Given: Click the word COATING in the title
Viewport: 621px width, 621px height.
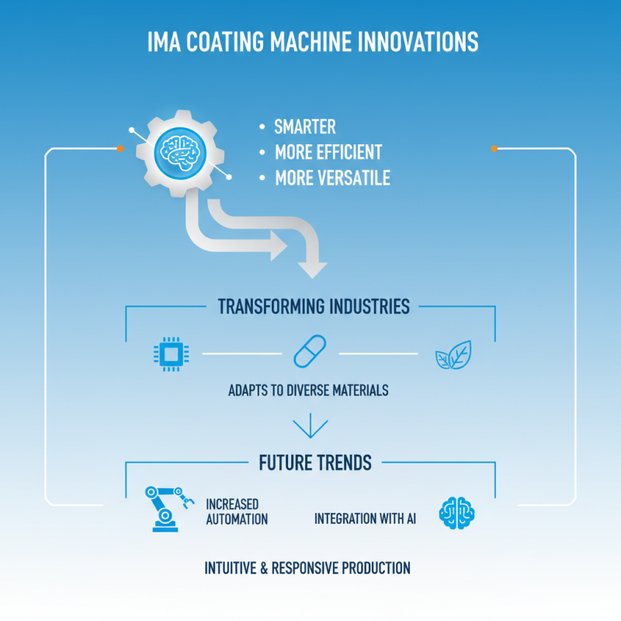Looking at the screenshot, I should pos(226,42).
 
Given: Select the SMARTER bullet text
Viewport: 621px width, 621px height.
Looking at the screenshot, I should pos(305,127).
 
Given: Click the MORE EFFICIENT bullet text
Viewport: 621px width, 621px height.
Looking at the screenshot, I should pos(328,152).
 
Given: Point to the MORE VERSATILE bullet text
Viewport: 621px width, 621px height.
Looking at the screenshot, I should pos(332,178).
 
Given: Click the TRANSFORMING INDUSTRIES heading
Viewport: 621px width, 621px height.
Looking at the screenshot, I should pos(313,306).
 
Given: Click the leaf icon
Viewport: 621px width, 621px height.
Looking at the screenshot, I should pos(453,355).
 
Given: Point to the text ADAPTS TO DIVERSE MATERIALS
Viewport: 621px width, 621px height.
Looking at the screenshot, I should pos(308,390).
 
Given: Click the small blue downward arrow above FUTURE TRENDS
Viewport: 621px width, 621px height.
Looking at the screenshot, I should pos(310,426).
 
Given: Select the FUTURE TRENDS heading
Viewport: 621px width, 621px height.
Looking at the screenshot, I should pos(314,463).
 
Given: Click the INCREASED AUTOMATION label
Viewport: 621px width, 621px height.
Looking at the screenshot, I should pos(236,512).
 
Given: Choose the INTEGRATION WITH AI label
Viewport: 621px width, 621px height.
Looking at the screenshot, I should pos(365,518).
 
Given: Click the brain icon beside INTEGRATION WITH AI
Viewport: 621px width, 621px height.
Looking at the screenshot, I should pos(457,512).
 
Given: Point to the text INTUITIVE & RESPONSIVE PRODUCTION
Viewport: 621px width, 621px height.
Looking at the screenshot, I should pos(307,567).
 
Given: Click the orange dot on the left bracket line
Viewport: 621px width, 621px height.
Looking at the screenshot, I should pos(120,147).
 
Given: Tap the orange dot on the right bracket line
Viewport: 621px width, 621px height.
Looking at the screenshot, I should pos(494,147).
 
